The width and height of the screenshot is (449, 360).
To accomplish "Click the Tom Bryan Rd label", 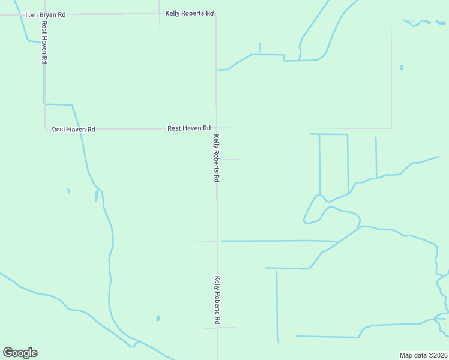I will pyautogui.click(x=45, y=14).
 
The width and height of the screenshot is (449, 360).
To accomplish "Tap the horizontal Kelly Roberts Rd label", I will pyautogui.click(x=190, y=13).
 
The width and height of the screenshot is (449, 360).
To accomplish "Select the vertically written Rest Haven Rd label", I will pyautogui.click(x=44, y=43).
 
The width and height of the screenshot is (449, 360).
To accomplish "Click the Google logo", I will pyautogui.click(x=20, y=353).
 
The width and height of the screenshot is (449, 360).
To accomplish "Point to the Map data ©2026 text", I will pyautogui.click(x=424, y=355).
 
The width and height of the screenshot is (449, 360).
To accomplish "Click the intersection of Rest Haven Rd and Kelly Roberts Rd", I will pyautogui.click(x=217, y=128).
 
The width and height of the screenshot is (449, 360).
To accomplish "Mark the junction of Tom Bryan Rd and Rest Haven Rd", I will pyautogui.click(x=43, y=14).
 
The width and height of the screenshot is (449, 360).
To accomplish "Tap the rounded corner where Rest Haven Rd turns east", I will pyautogui.click(x=46, y=127).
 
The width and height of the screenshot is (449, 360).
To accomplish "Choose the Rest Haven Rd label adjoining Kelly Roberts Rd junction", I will pyautogui.click(x=188, y=128).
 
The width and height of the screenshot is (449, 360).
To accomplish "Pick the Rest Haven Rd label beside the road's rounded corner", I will pyautogui.click(x=73, y=129).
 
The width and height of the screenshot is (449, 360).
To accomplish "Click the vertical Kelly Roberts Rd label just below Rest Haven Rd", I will pyautogui.click(x=217, y=158).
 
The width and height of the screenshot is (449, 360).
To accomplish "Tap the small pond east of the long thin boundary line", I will pyautogui.click(x=402, y=67).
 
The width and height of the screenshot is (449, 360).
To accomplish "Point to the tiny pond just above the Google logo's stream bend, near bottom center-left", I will pyautogui.click(x=158, y=318).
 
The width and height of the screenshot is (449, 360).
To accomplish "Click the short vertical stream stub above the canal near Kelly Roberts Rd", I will pyautogui.click(x=259, y=47).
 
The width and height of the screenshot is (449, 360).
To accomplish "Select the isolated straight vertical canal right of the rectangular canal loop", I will pyautogui.click(x=376, y=157).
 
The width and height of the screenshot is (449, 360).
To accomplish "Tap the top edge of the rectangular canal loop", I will pyautogui.click(x=329, y=134).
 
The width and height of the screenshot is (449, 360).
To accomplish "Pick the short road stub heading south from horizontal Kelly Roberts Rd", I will pyautogui.click(x=160, y=23).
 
